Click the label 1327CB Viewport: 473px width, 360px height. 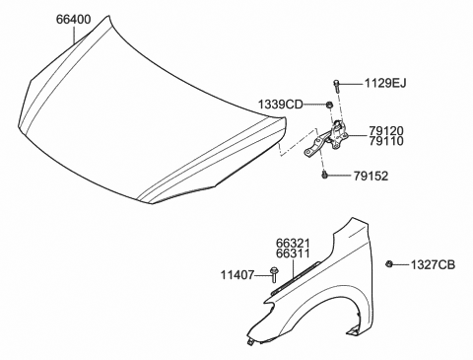tap(434, 264)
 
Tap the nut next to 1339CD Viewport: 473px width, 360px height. tap(328, 104)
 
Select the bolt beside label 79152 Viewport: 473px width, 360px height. tap(325, 176)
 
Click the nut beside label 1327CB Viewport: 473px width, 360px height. tap(392, 264)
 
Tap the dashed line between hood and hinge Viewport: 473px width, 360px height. tap(286, 148)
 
